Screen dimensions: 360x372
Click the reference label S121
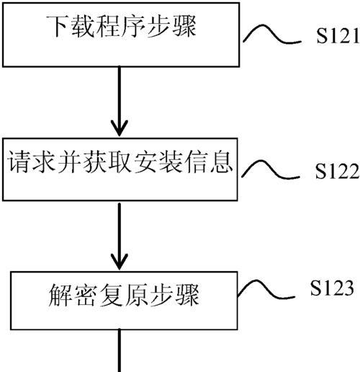coord(338,35)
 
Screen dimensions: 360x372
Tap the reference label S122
coord(337,171)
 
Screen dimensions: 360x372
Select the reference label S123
coord(332,288)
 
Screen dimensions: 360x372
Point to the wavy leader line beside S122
coord(271,170)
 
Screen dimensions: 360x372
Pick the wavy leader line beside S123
coord(266,290)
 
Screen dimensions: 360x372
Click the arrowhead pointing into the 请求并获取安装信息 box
coord(120,128)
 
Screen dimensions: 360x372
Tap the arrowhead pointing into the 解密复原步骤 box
coord(120,262)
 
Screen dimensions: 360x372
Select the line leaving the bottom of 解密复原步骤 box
coord(120,350)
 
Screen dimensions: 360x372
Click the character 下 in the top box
coord(58,27)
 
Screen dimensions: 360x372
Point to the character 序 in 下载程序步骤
coord(134,27)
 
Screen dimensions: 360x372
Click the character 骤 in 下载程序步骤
coord(185,27)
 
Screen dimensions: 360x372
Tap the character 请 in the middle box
coord(19,161)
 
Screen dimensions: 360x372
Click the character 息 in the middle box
coord(221,161)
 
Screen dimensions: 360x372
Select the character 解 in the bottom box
coord(60,295)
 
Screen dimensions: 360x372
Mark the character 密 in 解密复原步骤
coord(86,295)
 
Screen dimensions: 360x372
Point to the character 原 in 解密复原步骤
coord(136,295)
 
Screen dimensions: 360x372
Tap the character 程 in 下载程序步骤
coord(108,27)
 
